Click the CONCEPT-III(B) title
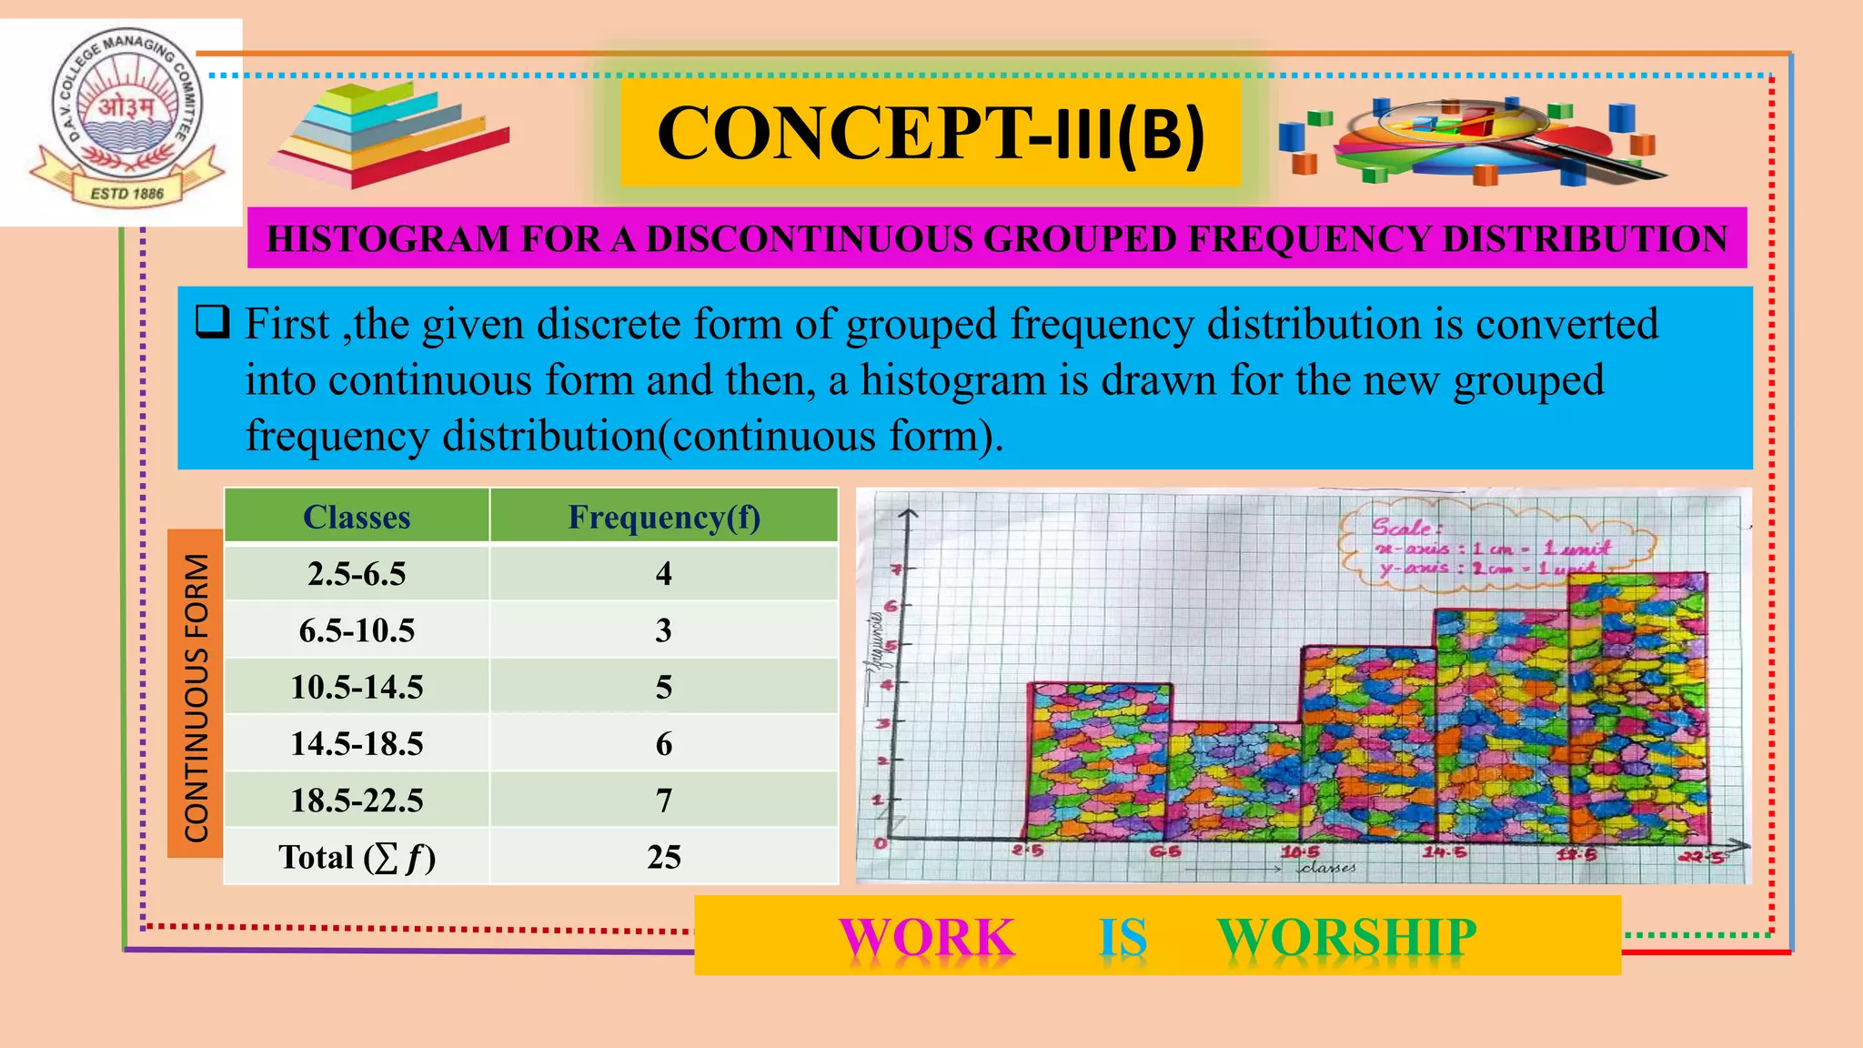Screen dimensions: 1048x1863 tap(930, 134)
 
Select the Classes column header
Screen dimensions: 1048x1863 tap(357, 517)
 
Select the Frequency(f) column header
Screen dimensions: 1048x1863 tap(664, 517)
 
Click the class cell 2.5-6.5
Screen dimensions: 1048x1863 tap(357, 574)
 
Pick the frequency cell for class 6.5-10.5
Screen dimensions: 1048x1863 tap(664, 630)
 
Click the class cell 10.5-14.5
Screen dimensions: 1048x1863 tap(357, 687)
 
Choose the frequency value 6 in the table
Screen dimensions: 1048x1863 tap(664, 744)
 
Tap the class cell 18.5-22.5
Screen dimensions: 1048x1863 tap(357, 801)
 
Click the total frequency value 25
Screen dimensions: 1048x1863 tap(664, 857)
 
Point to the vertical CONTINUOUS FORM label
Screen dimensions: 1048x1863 tap(196, 697)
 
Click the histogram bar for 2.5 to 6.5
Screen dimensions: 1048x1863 tap(1099, 762)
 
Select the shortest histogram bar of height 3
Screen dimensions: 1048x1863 tap(1234, 782)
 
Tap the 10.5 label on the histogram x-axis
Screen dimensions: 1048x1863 tap(1300, 852)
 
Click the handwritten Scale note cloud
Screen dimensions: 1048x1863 tap(1492, 548)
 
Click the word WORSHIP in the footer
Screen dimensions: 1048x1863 tap(1346, 937)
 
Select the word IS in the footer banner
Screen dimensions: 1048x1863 tap(1123, 937)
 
